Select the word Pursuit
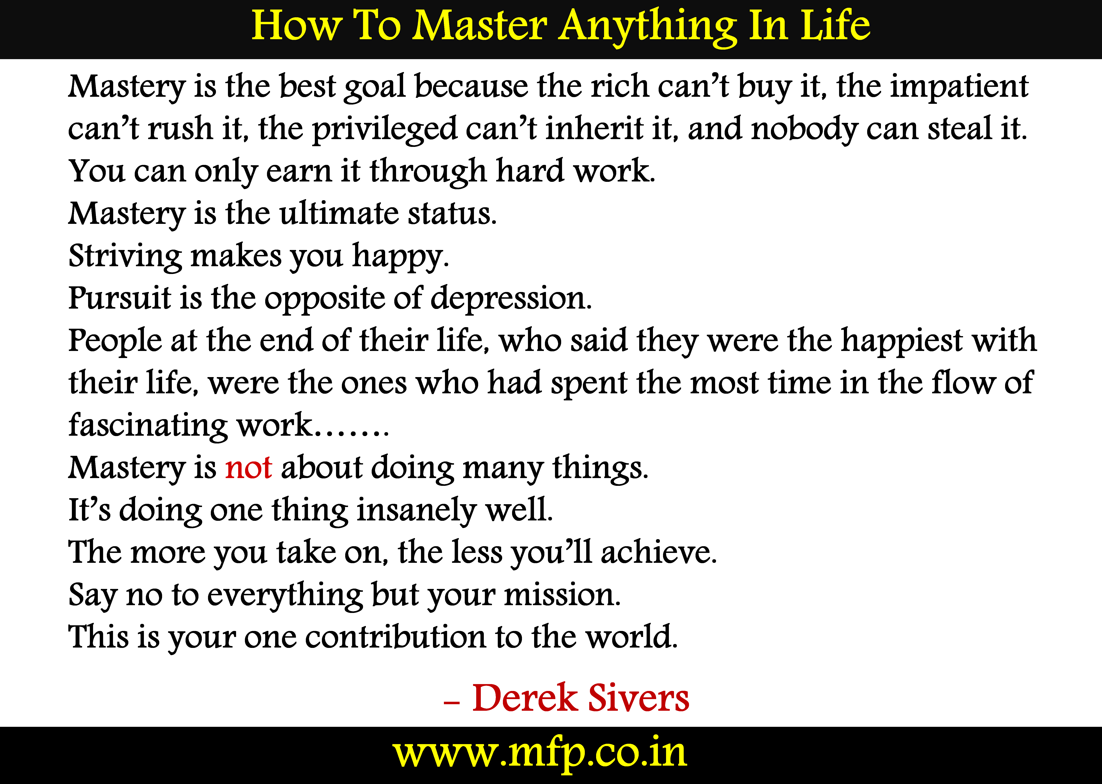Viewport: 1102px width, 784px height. (x=120, y=298)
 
